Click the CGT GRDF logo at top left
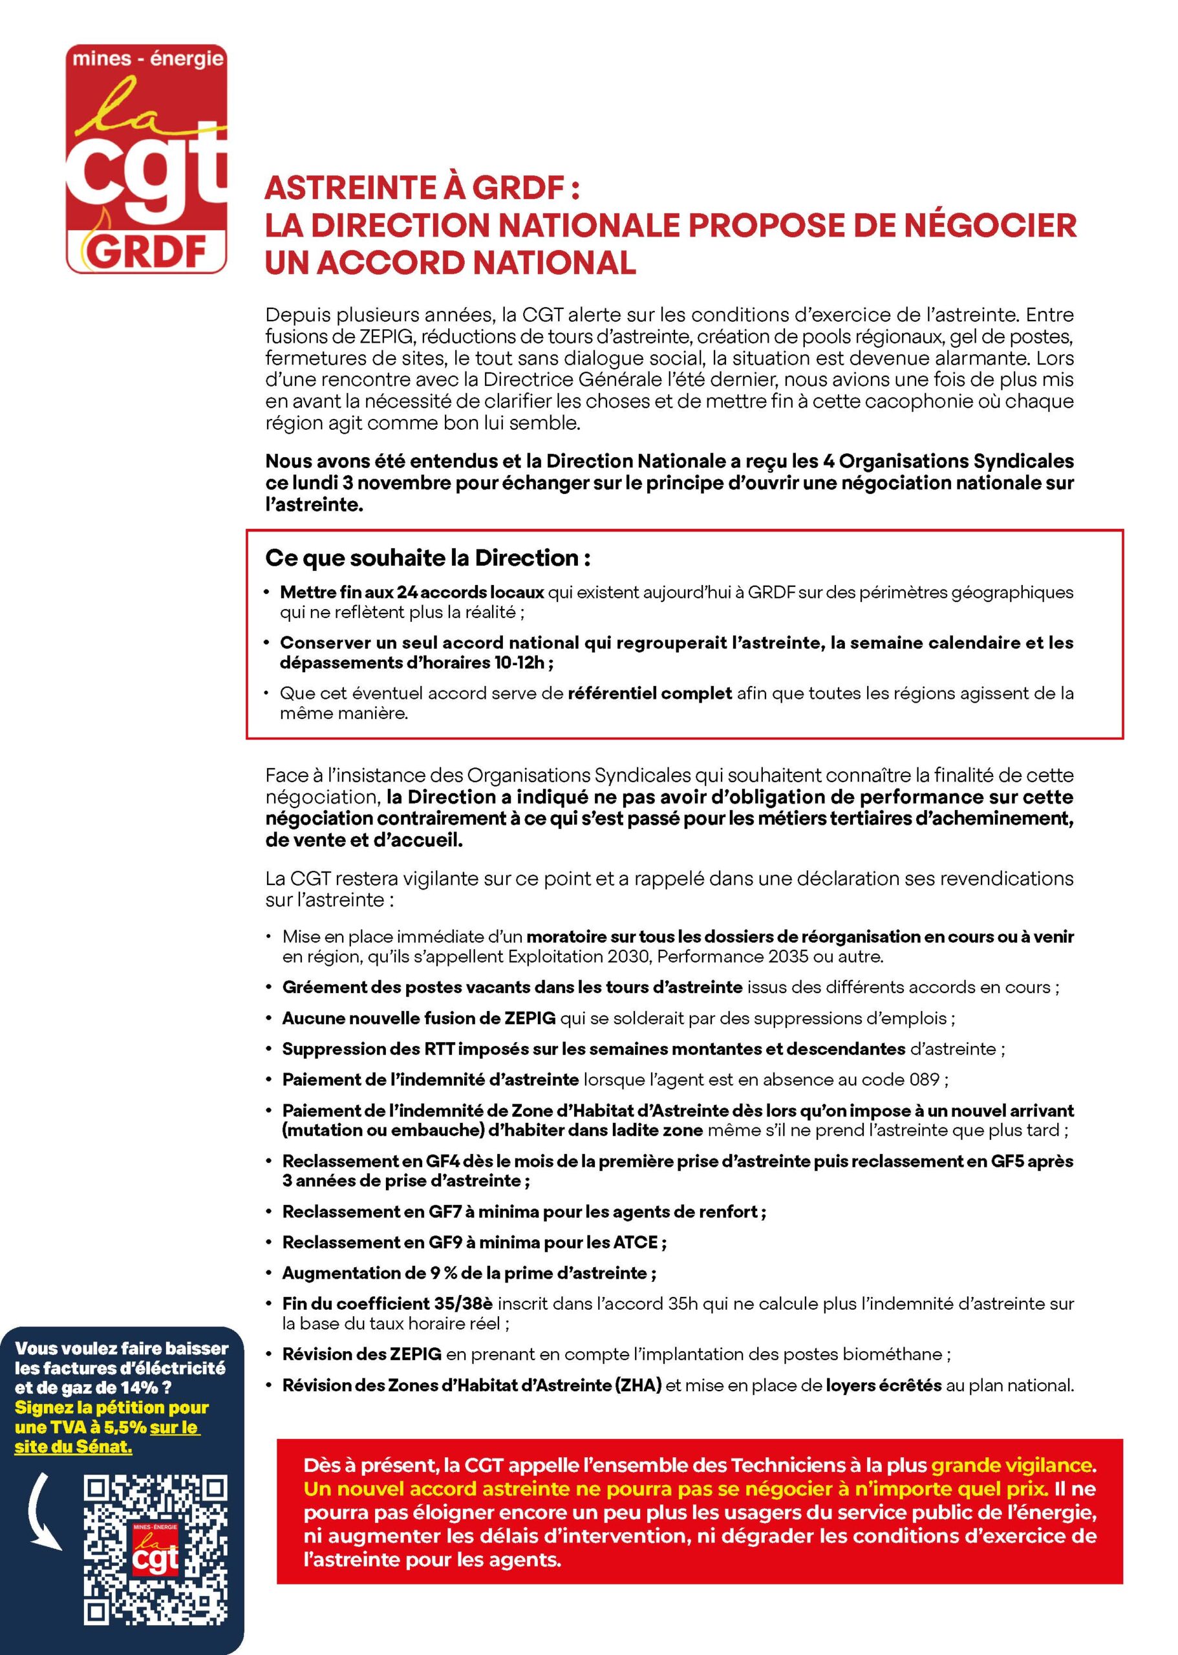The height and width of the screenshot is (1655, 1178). coord(147,159)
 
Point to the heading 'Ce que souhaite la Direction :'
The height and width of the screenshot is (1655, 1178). coord(427,558)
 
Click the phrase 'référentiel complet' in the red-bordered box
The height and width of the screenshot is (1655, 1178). coord(649,692)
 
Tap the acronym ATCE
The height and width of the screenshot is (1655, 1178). coord(635,1243)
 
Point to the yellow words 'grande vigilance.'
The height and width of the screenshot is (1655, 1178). coord(1013,1465)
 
